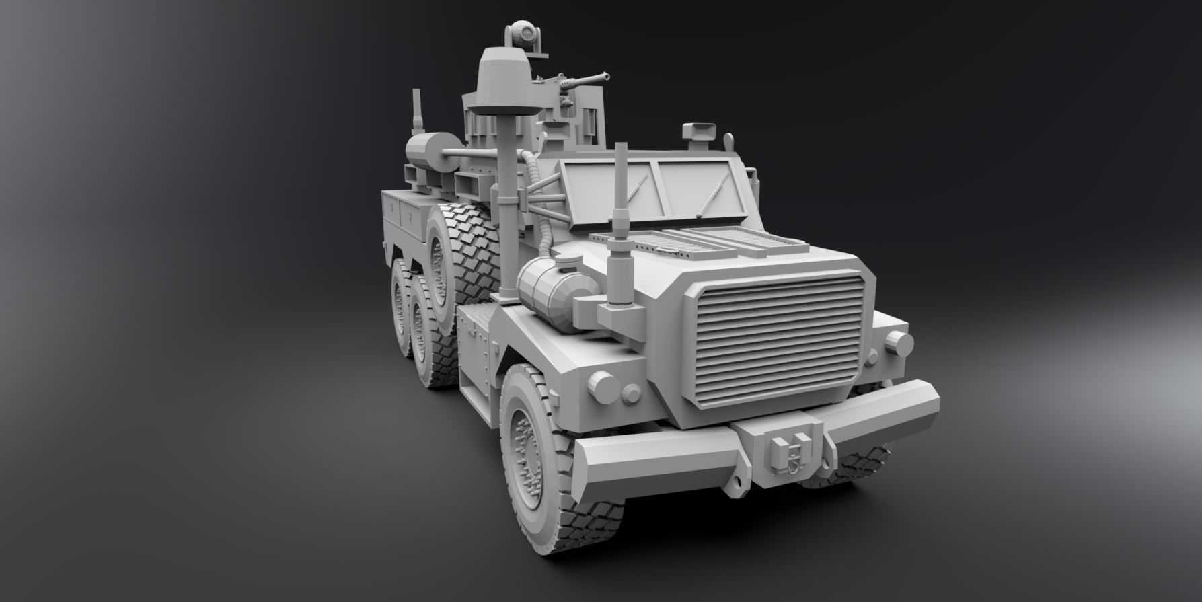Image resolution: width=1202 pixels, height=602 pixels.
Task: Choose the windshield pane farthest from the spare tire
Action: [x=693, y=189]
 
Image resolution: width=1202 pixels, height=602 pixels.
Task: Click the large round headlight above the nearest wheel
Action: [x=599, y=386]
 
